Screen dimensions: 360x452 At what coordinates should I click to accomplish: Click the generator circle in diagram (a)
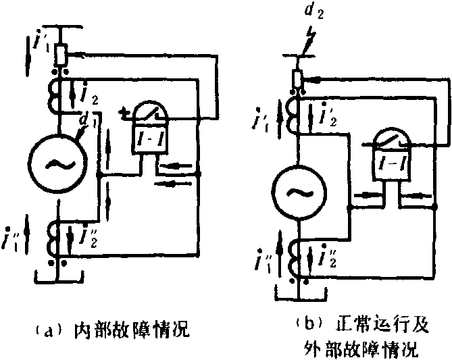[55, 164]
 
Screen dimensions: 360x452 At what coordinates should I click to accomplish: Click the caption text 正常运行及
[382, 322]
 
